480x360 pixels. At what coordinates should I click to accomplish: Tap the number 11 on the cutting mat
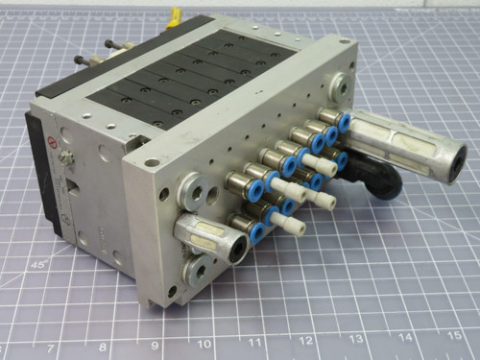[x=255, y=341]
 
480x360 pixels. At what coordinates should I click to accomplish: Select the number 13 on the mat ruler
[x=356, y=338]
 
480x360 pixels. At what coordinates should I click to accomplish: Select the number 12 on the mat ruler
[x=305, y=340]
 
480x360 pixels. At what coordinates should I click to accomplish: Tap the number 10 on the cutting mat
[x=204, y=341]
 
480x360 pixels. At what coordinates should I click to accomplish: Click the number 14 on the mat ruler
[x=405, y=337]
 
